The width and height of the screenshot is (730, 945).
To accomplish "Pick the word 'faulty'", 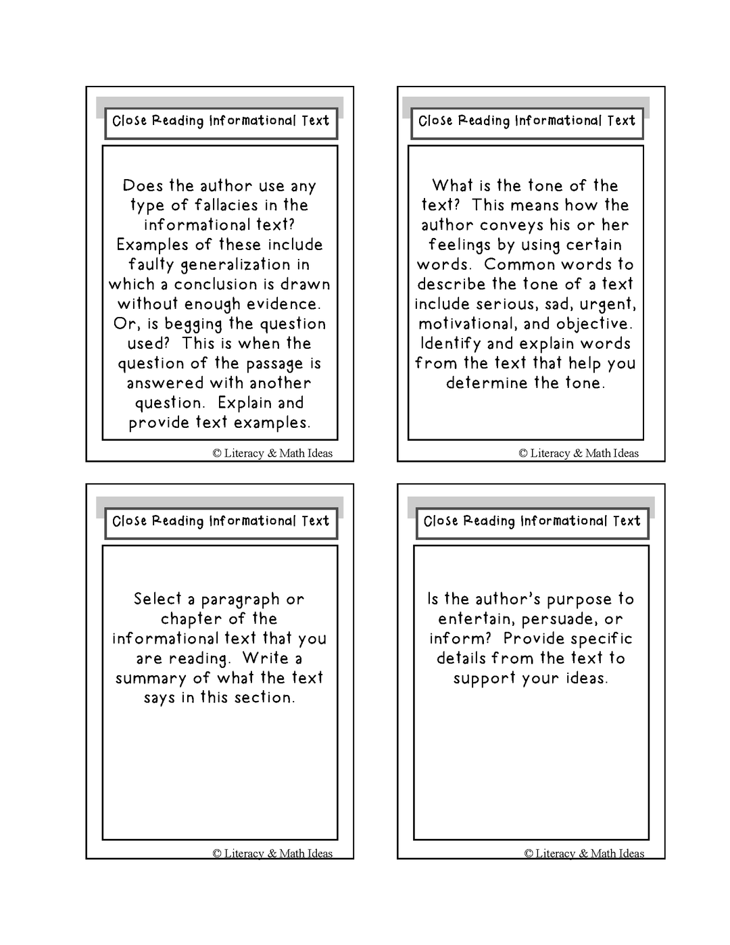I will [151, 265].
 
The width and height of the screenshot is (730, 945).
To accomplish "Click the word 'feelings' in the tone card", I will [458, 245].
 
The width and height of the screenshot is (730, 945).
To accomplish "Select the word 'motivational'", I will [468, 324].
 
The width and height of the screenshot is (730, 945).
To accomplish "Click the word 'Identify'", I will [458, 344].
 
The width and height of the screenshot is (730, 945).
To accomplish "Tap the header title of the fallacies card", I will [220, 122].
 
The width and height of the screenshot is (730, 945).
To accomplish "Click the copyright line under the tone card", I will [578, 454].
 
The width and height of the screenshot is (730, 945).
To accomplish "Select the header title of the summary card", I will [220, 522].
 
